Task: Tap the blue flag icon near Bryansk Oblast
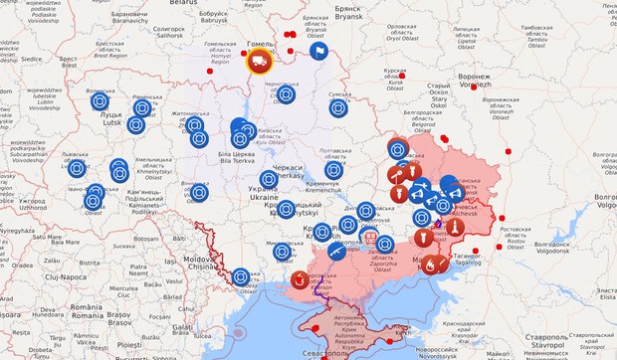(x=318, y=51)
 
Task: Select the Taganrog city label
(x=469, y=258)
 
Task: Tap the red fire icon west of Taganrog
(x=430, y=265)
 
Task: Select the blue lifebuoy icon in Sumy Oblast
(x=338, y=108)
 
